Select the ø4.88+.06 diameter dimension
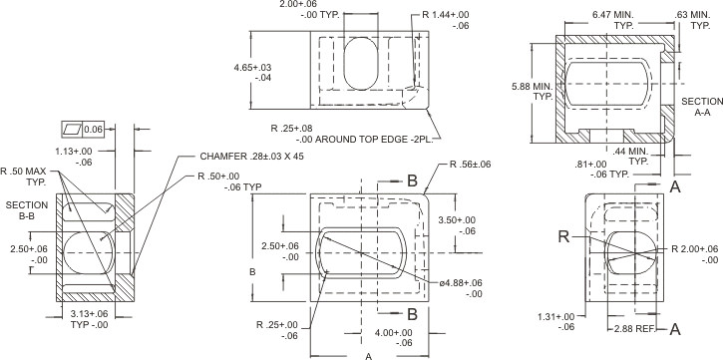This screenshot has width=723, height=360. (x=461, y=288)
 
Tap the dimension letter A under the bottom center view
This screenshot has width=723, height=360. (x=370, y=354)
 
